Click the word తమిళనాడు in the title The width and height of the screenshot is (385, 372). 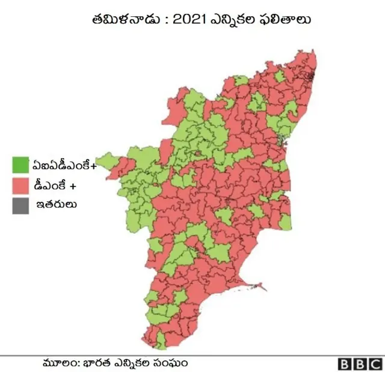click(126, 19)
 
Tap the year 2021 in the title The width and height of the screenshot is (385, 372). click(191, 19)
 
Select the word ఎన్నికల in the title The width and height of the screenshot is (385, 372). click(238, 19)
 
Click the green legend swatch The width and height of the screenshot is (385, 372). click(20, 163)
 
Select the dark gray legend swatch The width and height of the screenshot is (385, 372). click(20, 206)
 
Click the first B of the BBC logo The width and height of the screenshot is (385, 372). click(345, 364)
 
